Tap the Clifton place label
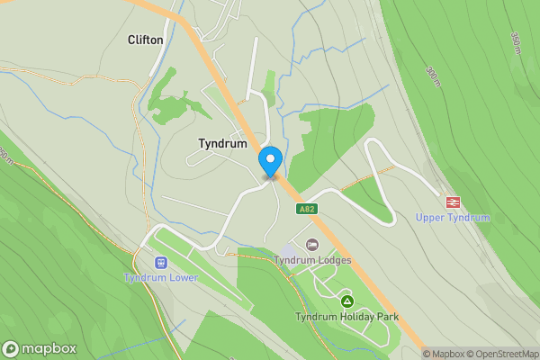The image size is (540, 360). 146,40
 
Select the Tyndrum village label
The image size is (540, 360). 222,143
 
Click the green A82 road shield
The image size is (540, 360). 307,208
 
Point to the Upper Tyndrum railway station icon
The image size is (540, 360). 453,202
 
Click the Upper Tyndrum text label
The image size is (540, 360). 453,218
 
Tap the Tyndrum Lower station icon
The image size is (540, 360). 161,263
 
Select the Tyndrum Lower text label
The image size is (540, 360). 161,278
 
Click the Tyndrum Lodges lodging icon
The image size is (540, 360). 312,245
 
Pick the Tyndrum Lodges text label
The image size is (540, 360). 312,261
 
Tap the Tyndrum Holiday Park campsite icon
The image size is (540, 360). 347,301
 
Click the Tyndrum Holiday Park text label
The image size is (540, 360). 347,317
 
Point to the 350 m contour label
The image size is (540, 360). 516,41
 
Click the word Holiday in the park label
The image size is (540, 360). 354,317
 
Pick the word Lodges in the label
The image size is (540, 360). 333,261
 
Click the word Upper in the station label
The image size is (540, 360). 431,218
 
